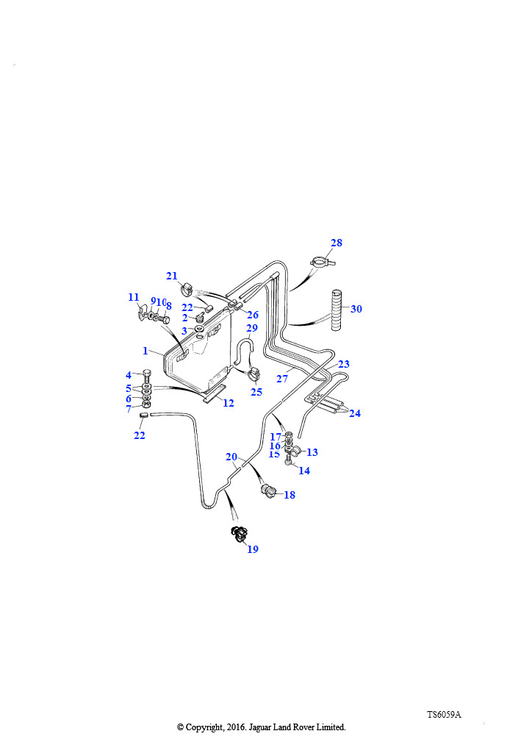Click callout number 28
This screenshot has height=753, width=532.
[337, 243]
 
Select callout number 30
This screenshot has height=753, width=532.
[356, 309]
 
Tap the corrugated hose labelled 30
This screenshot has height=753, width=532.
[337, 310]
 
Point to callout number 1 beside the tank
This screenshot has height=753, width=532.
[145, 351]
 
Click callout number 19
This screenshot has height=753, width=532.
[253, 549]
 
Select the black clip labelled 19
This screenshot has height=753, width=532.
[240, 534]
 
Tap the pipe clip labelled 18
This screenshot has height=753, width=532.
[267, 490]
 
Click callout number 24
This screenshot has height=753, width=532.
[354, 413]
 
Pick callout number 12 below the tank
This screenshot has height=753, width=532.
[229, 403]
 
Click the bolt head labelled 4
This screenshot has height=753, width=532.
[147, 373]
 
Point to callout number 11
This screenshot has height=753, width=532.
[133, 298]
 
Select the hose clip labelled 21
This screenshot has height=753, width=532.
[187, 289]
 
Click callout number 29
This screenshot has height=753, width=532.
[252, 328]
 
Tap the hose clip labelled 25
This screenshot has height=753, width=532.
[254, 372]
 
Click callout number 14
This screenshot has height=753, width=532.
[304, 471]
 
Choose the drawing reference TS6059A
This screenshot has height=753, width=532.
[445, 715]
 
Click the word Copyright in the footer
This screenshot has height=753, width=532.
[204, 727]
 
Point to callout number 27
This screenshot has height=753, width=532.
[282, 379]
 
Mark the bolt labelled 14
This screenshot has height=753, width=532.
[288, 460]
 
